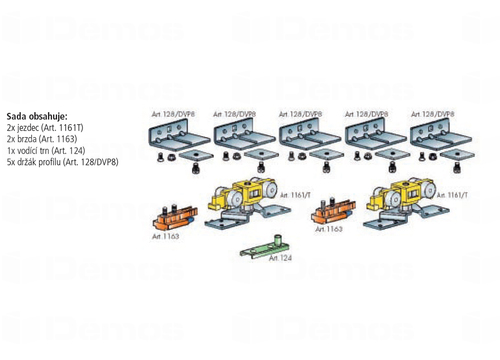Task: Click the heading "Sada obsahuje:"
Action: (x=37, y=116)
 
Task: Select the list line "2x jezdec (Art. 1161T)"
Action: (x=45, y=128)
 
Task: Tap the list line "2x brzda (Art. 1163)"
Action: (x=42, y=139)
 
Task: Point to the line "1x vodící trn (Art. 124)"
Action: (x=46, y=151)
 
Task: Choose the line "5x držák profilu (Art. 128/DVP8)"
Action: (x=62, y=162)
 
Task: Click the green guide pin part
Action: (x=265, y=248)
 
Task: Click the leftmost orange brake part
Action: (x=175, y=217)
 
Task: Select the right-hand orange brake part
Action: (x=333, y=211)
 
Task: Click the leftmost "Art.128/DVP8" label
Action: (x=173, y=114)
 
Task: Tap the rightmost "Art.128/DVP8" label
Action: (x=432, y=114)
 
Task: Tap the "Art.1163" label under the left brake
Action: (x=165, y=236)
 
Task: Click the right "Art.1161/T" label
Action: (x=452, y=195)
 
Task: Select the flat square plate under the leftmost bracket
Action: (x=196, y=155)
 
